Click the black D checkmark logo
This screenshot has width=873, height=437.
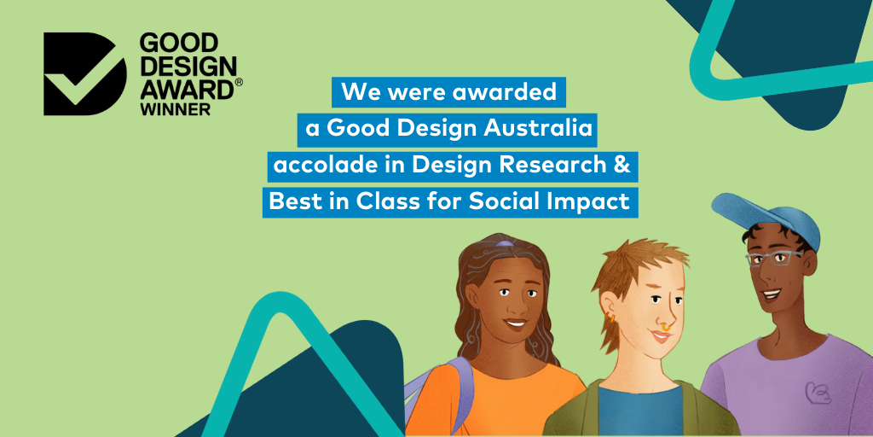coord(84,73)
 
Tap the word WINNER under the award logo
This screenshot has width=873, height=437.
coord(176,108)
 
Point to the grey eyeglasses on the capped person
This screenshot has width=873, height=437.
coord(774,258)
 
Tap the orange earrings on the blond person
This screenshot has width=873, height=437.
coord(610,318)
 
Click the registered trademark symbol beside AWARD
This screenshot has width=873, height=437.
coord(239,82)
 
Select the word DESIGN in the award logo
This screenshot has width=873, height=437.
coord(188,67)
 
